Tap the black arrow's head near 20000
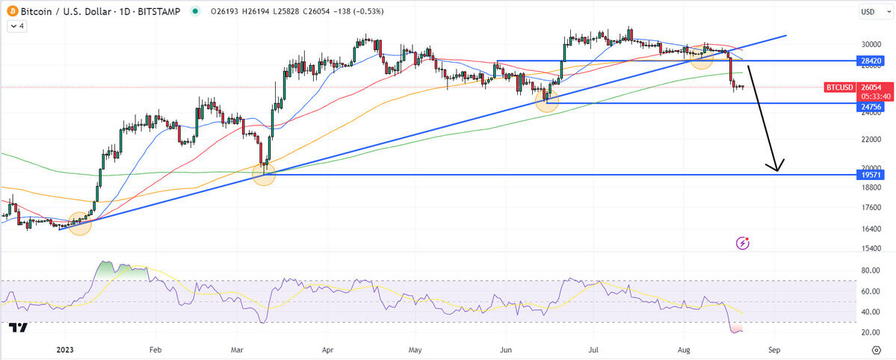click(x=777, y=167)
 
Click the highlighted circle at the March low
click(x=264, y=174)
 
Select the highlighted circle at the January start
click(x=80, y=223)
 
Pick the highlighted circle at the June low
click(x=547, y=100)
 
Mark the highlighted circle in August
click(x=701, y=58)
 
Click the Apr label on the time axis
click(x=327, y=349)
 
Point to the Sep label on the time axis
click(x=775, y=349)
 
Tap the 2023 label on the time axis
click(x=65, y=349)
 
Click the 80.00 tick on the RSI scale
click(x=868, y=270)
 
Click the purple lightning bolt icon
click(x=743, y=243)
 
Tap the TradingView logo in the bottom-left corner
click(x=18, y=327)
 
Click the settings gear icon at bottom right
click(x=876, y=349)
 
